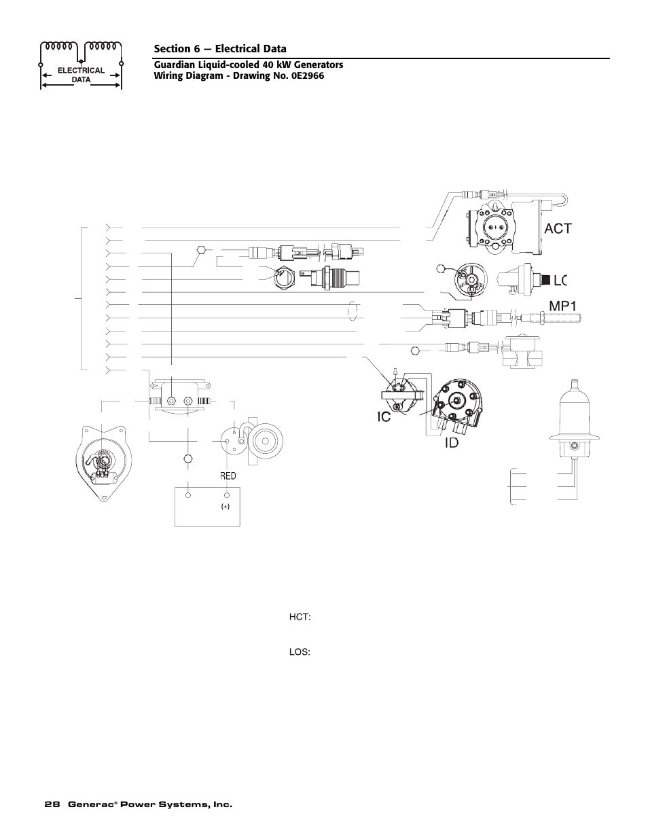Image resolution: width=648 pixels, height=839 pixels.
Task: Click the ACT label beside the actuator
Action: [x=558, y=229]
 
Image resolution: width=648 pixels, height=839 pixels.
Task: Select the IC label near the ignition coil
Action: [x=384, y=416]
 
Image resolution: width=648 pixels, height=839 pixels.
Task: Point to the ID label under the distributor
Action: [x=452, y=442]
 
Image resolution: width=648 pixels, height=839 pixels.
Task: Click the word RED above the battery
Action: [x=228, y=476]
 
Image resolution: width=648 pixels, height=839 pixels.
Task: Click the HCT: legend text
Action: [x=300, y=617]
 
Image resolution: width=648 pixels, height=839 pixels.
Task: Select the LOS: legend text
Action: [x=300, y=652]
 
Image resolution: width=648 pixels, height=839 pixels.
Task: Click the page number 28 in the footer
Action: [x=51, y=804]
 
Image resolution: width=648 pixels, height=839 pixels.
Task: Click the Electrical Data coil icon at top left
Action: [x=82, y=65]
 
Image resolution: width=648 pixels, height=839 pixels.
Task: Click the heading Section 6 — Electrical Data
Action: [x=220, y=48]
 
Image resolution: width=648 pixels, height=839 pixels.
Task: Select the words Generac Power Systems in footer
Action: [x=149, y=804]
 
